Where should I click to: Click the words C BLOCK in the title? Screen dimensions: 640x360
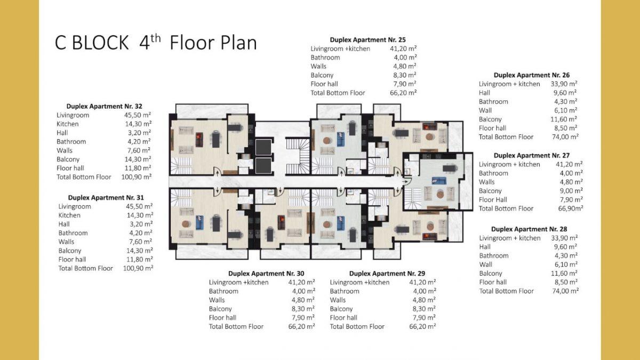[x=91, y=43]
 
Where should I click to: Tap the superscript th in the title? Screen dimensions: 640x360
[x=156, y=38]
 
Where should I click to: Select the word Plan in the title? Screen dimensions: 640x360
[x=237, y=43]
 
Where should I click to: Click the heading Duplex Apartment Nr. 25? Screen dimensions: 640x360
[x=367, y=39]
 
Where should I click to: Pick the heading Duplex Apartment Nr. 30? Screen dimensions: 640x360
[x=266, y=274]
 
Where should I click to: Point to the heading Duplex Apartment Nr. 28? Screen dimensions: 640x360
[x=529, y=229]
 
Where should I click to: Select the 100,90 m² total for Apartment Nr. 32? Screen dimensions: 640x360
[x=137, y=177]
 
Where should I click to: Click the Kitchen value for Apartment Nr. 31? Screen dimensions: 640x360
[x=140, y=215]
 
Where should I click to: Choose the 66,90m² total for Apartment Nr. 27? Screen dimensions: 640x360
[x=571, y=209]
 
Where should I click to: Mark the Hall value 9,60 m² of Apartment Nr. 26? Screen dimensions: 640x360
[x=565, y=93]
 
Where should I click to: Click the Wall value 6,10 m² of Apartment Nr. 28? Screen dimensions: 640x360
[x=566, y=265]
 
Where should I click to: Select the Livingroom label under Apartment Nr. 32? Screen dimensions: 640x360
[x=73, y=115]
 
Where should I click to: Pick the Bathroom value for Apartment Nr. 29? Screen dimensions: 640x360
[x=425, y=291]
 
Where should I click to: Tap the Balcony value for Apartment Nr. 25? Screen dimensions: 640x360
[x=405, y=75]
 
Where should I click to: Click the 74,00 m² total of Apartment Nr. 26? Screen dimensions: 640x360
[x=565, y=137]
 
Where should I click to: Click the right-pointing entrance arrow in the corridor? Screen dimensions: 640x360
[x=405, y=181]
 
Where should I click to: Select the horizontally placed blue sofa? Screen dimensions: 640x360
[x=439, y=181]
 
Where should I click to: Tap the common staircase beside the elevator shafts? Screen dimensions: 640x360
[x=298, y=156]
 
